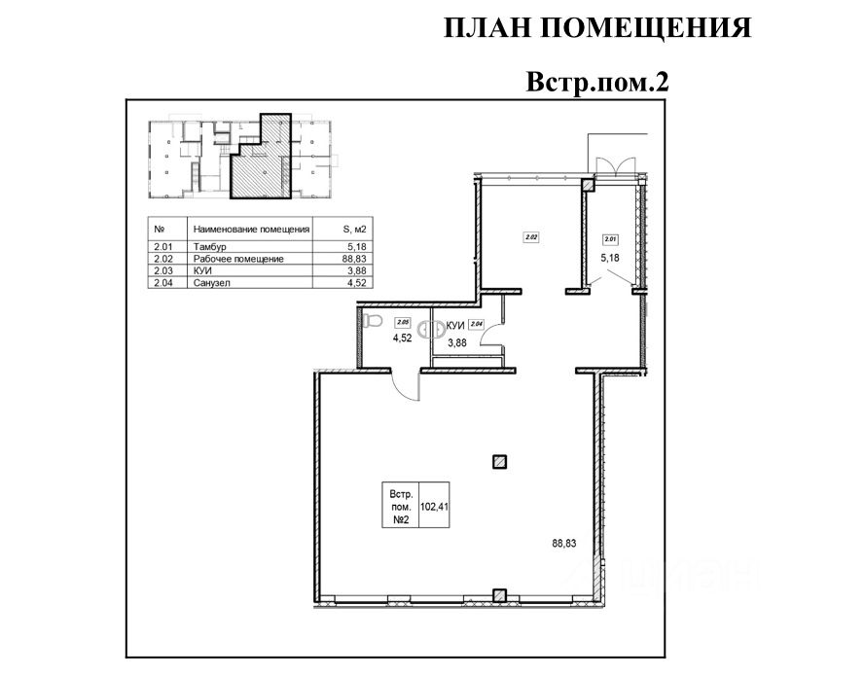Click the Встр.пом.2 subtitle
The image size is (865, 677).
click(x=598, y=81)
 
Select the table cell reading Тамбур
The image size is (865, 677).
click(x=207, y=247)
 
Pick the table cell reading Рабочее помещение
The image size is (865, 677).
click(x=237, y=259)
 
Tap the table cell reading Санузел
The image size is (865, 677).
click(x=211, y=282)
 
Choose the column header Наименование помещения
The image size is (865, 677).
click(x=251, y=230)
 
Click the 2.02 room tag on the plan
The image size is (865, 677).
click(x=531, y=235)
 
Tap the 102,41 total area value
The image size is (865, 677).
click(x=435, y=506)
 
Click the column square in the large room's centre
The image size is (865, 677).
click(x=499, y=462)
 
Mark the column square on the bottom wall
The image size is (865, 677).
click(x=499, y=595)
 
